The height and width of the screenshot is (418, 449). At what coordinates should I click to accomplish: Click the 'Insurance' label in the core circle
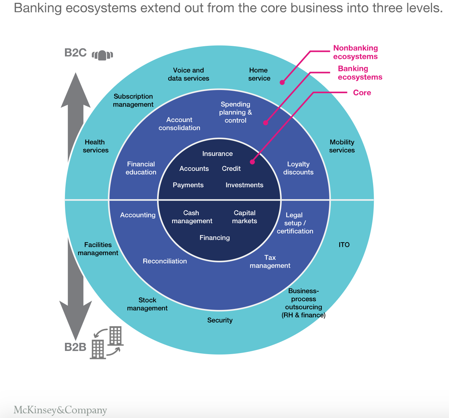pos(217,154)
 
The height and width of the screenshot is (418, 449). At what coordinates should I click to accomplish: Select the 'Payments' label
pos(188,185)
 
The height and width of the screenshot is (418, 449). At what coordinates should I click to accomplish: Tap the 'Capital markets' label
pos(245,217)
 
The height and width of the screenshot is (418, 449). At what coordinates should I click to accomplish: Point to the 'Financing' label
pos(215,238)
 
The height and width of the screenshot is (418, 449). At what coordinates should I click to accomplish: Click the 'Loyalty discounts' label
pos(298,168)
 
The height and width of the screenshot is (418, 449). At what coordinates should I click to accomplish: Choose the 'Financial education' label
pos(141,168)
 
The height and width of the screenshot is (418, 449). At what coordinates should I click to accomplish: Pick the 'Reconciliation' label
pos(165,261)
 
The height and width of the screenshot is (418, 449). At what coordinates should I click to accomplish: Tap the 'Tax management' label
pos(270,262)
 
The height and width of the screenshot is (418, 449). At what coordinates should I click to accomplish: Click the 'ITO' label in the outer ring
pos(344,245)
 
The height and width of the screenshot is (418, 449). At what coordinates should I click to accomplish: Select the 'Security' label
pos(220,320)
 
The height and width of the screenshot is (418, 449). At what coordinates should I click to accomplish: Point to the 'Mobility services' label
pos(342,146)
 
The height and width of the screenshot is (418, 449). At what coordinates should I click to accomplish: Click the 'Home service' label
pos(259,74)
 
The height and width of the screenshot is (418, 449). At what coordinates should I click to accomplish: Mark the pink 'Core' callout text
pos(362,92)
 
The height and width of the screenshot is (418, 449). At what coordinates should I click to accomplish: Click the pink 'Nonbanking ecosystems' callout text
pos(355,52)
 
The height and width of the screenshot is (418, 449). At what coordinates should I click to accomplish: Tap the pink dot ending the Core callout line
pos(252,162)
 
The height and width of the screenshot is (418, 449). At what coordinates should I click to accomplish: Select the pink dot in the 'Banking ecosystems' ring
pos(266,123)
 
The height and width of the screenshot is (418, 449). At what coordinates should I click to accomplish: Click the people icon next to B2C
pos(102,55)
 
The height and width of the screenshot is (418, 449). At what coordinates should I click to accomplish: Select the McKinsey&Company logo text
pos(60,410)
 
